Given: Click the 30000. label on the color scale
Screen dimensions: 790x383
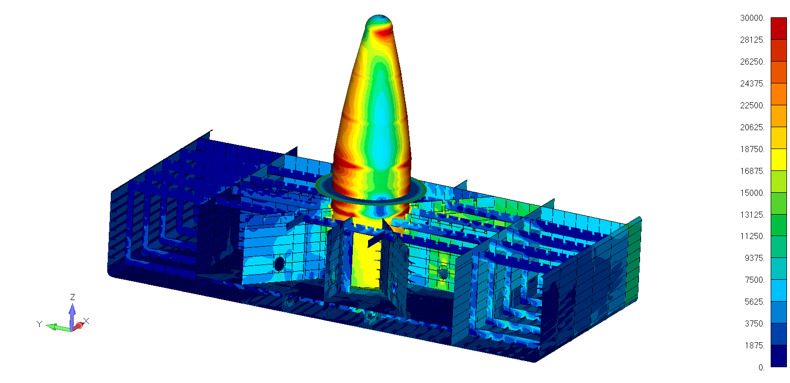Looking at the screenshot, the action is tap(752, 18).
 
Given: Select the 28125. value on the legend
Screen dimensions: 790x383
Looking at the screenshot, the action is tap(752, 40).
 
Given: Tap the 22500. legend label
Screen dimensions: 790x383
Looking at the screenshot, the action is tap(752, 106).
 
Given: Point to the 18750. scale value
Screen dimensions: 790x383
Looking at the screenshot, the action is tap(752, 150).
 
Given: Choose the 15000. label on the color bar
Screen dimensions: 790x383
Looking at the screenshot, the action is tap(752, 193).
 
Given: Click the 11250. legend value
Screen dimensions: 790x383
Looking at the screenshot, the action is tap(752, 236).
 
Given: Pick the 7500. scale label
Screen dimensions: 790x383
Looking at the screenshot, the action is tap(755, 280).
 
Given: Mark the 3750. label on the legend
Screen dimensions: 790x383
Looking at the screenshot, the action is tap(755, 323).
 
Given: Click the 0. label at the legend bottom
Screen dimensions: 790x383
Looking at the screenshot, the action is tap(762, 367).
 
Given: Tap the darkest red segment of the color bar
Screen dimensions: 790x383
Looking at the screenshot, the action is tap(779, 28).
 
